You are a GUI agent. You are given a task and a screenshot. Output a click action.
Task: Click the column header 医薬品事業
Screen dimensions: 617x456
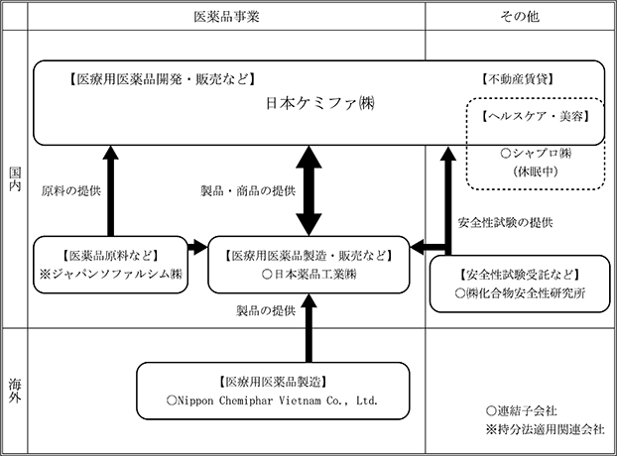(226, 17)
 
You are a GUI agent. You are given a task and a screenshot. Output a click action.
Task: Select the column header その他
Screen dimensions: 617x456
(520, 17)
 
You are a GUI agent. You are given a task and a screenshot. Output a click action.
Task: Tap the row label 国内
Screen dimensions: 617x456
(15, 179)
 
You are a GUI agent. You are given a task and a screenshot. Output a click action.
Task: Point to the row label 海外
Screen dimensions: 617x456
(15, 391)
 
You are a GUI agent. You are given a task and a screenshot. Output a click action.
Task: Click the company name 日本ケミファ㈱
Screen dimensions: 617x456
(320, 104)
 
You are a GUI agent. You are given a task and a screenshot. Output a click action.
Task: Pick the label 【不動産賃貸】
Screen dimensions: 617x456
(518, 79)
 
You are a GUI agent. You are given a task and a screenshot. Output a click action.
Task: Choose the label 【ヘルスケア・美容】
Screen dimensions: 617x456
(536, 116)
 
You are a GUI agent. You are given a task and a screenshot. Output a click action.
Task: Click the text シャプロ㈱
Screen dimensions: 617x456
(542, 154)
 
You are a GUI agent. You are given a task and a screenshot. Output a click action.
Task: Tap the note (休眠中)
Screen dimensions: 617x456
(536, 171)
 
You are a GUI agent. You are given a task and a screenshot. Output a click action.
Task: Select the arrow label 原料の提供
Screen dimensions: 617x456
(71, 191)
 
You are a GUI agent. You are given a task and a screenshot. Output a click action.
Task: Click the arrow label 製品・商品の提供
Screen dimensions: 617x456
(248, 191)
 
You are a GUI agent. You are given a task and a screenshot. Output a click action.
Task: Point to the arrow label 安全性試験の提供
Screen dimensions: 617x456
(505, 223)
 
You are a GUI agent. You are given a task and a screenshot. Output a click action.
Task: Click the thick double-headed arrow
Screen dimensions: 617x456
(308, 190)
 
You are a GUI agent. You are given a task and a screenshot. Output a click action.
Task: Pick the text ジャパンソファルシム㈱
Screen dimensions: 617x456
(117, 274)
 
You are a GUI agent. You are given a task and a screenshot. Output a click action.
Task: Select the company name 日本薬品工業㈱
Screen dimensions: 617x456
(314, 275)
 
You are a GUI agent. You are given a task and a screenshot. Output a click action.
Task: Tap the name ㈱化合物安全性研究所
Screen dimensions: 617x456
(526, 293)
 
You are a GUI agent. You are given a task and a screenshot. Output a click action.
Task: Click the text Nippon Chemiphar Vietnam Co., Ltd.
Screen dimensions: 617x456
(278, 400)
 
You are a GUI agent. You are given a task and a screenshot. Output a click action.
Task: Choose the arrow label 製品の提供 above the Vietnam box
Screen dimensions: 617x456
(266, 311)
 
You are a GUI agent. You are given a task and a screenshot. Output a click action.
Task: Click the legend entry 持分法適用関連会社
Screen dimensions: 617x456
(551, 429)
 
